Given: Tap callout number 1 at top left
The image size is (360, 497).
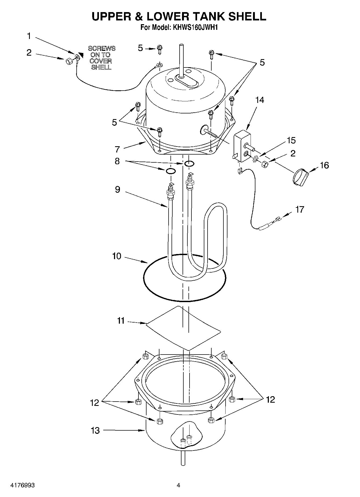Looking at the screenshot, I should [29, 36].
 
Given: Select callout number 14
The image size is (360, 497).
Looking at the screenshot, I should [259, 100].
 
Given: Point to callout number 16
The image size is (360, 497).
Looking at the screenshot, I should [324, 165].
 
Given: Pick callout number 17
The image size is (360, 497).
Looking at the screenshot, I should [300, 209].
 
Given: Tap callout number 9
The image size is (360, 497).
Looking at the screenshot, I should [117, 189].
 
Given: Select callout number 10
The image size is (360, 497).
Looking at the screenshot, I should [117, 256].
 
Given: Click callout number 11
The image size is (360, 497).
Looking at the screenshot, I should [121, 321].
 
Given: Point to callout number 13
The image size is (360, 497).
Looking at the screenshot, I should [95, 430].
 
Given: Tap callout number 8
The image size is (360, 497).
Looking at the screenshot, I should [117, 161].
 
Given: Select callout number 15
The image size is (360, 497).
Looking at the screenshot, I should [291, 140].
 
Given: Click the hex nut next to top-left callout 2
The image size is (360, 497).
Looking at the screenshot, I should [68, 61].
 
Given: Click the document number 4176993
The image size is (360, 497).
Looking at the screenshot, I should [22, 485].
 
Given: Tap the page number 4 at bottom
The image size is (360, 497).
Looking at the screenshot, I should [178, 485].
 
